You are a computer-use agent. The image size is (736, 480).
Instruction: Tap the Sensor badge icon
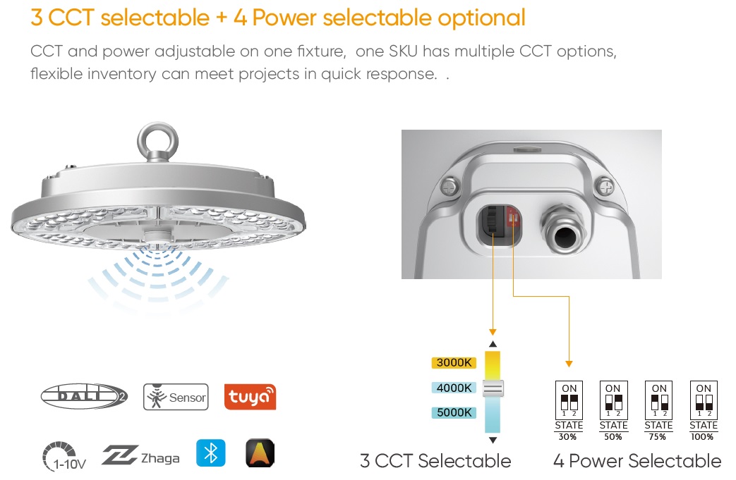[x=176, y=397]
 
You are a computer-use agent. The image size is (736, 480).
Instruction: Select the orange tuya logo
[x=251, y=397]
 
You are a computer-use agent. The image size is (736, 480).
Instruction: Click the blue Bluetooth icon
[x=211, y=453]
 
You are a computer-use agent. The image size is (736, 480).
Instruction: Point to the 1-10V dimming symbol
[x=64, y=456]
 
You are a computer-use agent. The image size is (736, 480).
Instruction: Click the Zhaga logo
[x=140, y=455]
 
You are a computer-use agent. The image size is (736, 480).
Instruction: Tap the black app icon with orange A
[x=260, y=453]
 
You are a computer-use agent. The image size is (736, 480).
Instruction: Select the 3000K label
[x=454, y=362]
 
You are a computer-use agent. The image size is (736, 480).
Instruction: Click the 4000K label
[x=454, y=388]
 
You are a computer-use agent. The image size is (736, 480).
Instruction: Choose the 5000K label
[x=454, y=412]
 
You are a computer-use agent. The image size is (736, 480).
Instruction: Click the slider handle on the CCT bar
[x=493, y=388]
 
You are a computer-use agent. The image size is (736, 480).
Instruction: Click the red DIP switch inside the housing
[x=512, y=218]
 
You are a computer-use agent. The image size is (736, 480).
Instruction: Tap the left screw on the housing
[x=450, y=187]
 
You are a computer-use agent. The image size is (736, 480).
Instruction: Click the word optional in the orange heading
[x=481, y=18]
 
